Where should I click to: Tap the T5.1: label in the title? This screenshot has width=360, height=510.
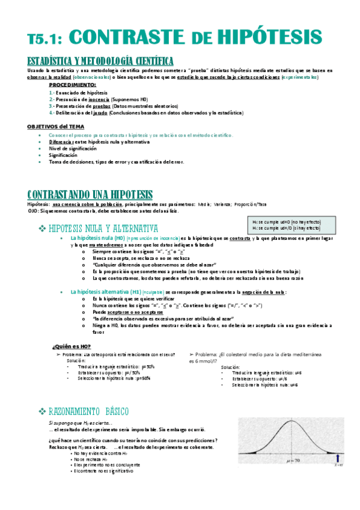coord(48,37)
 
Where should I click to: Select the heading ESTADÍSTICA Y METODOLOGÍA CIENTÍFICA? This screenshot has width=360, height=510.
coord(100,61)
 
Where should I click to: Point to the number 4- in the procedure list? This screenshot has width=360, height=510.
coord(52,112)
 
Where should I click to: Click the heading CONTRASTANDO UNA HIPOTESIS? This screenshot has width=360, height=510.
coord(90,194)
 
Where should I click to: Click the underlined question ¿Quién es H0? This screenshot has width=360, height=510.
coord(72,346)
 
